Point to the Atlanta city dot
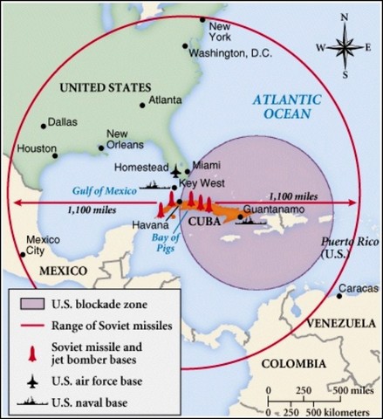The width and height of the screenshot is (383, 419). (142, 106)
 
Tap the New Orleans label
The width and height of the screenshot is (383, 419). (122, 139)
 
